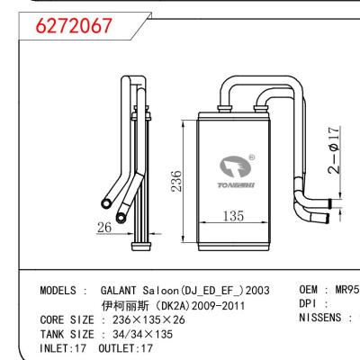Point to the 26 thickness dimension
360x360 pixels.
pyautogui.click(x=104, y=228)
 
